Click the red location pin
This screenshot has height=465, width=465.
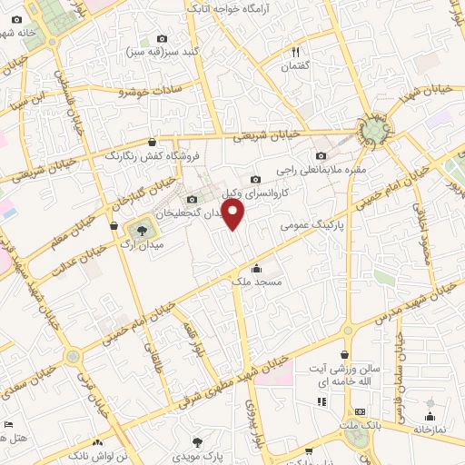[234, 214]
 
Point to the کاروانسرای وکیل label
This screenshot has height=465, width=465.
[282, 193]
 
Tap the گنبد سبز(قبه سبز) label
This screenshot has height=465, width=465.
[163, 52]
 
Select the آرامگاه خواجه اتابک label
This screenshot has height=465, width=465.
[230, 7]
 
